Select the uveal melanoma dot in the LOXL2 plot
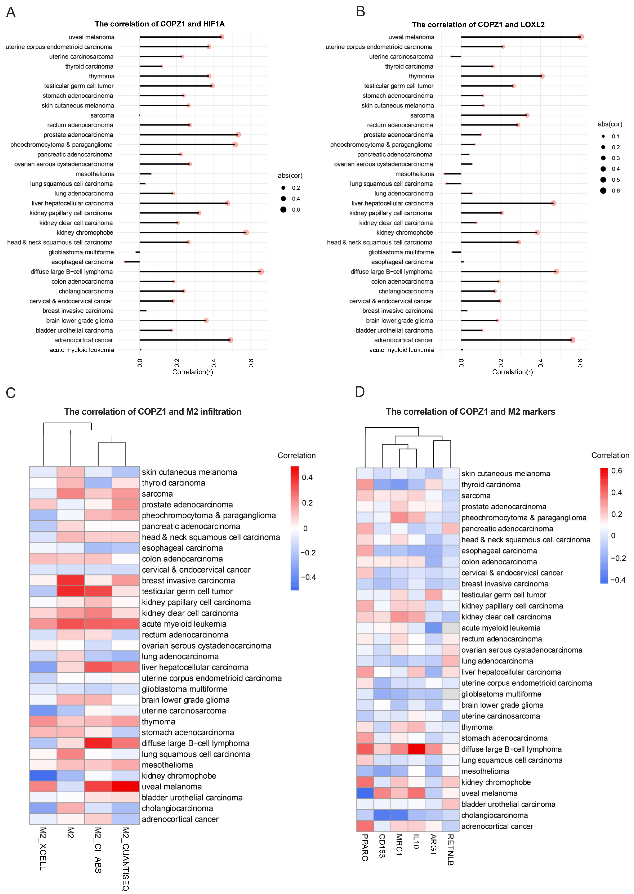[x=581, y=37]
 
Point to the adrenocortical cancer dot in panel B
[x=572, y=340]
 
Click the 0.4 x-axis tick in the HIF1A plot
[x=214, y=363]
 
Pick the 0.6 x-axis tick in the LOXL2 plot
[x=580, y=363]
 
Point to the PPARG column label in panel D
[x=365, y=847]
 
